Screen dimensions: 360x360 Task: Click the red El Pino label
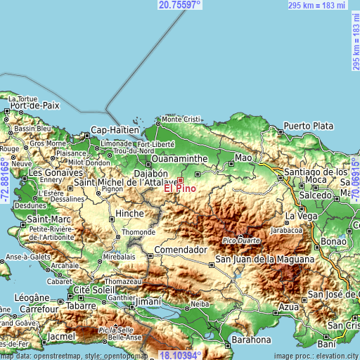(180, 188)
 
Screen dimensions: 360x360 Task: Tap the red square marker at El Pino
(180, 180)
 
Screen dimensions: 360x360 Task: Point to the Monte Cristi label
(181, 120)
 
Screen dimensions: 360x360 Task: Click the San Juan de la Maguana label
(264, 259)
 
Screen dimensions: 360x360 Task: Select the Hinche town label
(130, 213)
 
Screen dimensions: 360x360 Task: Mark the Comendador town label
(181, 250)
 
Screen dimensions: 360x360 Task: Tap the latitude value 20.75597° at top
(179, 5)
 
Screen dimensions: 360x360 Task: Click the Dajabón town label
(150, 174)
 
